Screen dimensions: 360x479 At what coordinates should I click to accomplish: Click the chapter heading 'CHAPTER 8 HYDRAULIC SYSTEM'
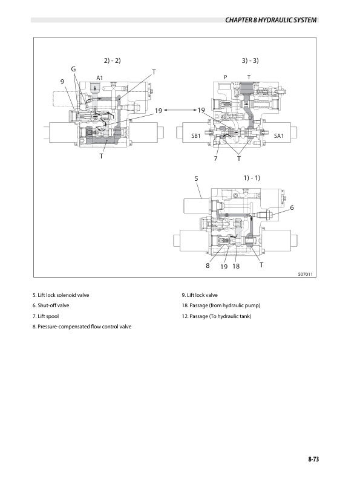[x=271, y=20]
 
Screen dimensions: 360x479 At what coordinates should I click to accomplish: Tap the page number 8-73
[x=313, y=459]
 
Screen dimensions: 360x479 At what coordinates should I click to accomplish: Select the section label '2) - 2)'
[x=112, y=60]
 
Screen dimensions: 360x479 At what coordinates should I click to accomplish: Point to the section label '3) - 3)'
[x=250, y=60]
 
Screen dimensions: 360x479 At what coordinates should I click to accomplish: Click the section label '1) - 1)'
[x=252, y=178]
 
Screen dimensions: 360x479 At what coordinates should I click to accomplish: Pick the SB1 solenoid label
[x=195, y=136]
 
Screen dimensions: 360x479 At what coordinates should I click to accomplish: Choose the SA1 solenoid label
[x=279, y=136]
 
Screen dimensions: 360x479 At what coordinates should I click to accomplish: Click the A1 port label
[x=100, y=78]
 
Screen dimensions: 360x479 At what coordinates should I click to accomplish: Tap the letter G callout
[x=73, y=69]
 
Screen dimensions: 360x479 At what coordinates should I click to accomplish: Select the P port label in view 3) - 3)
[x=226, y=77]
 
